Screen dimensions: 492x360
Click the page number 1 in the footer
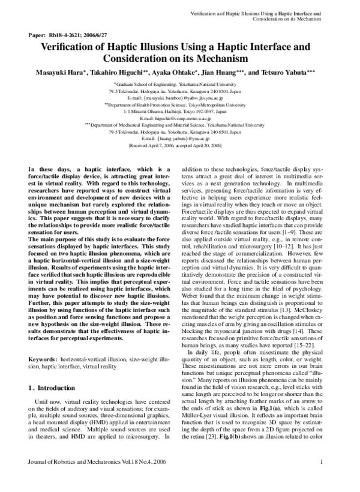coord(322,478)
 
